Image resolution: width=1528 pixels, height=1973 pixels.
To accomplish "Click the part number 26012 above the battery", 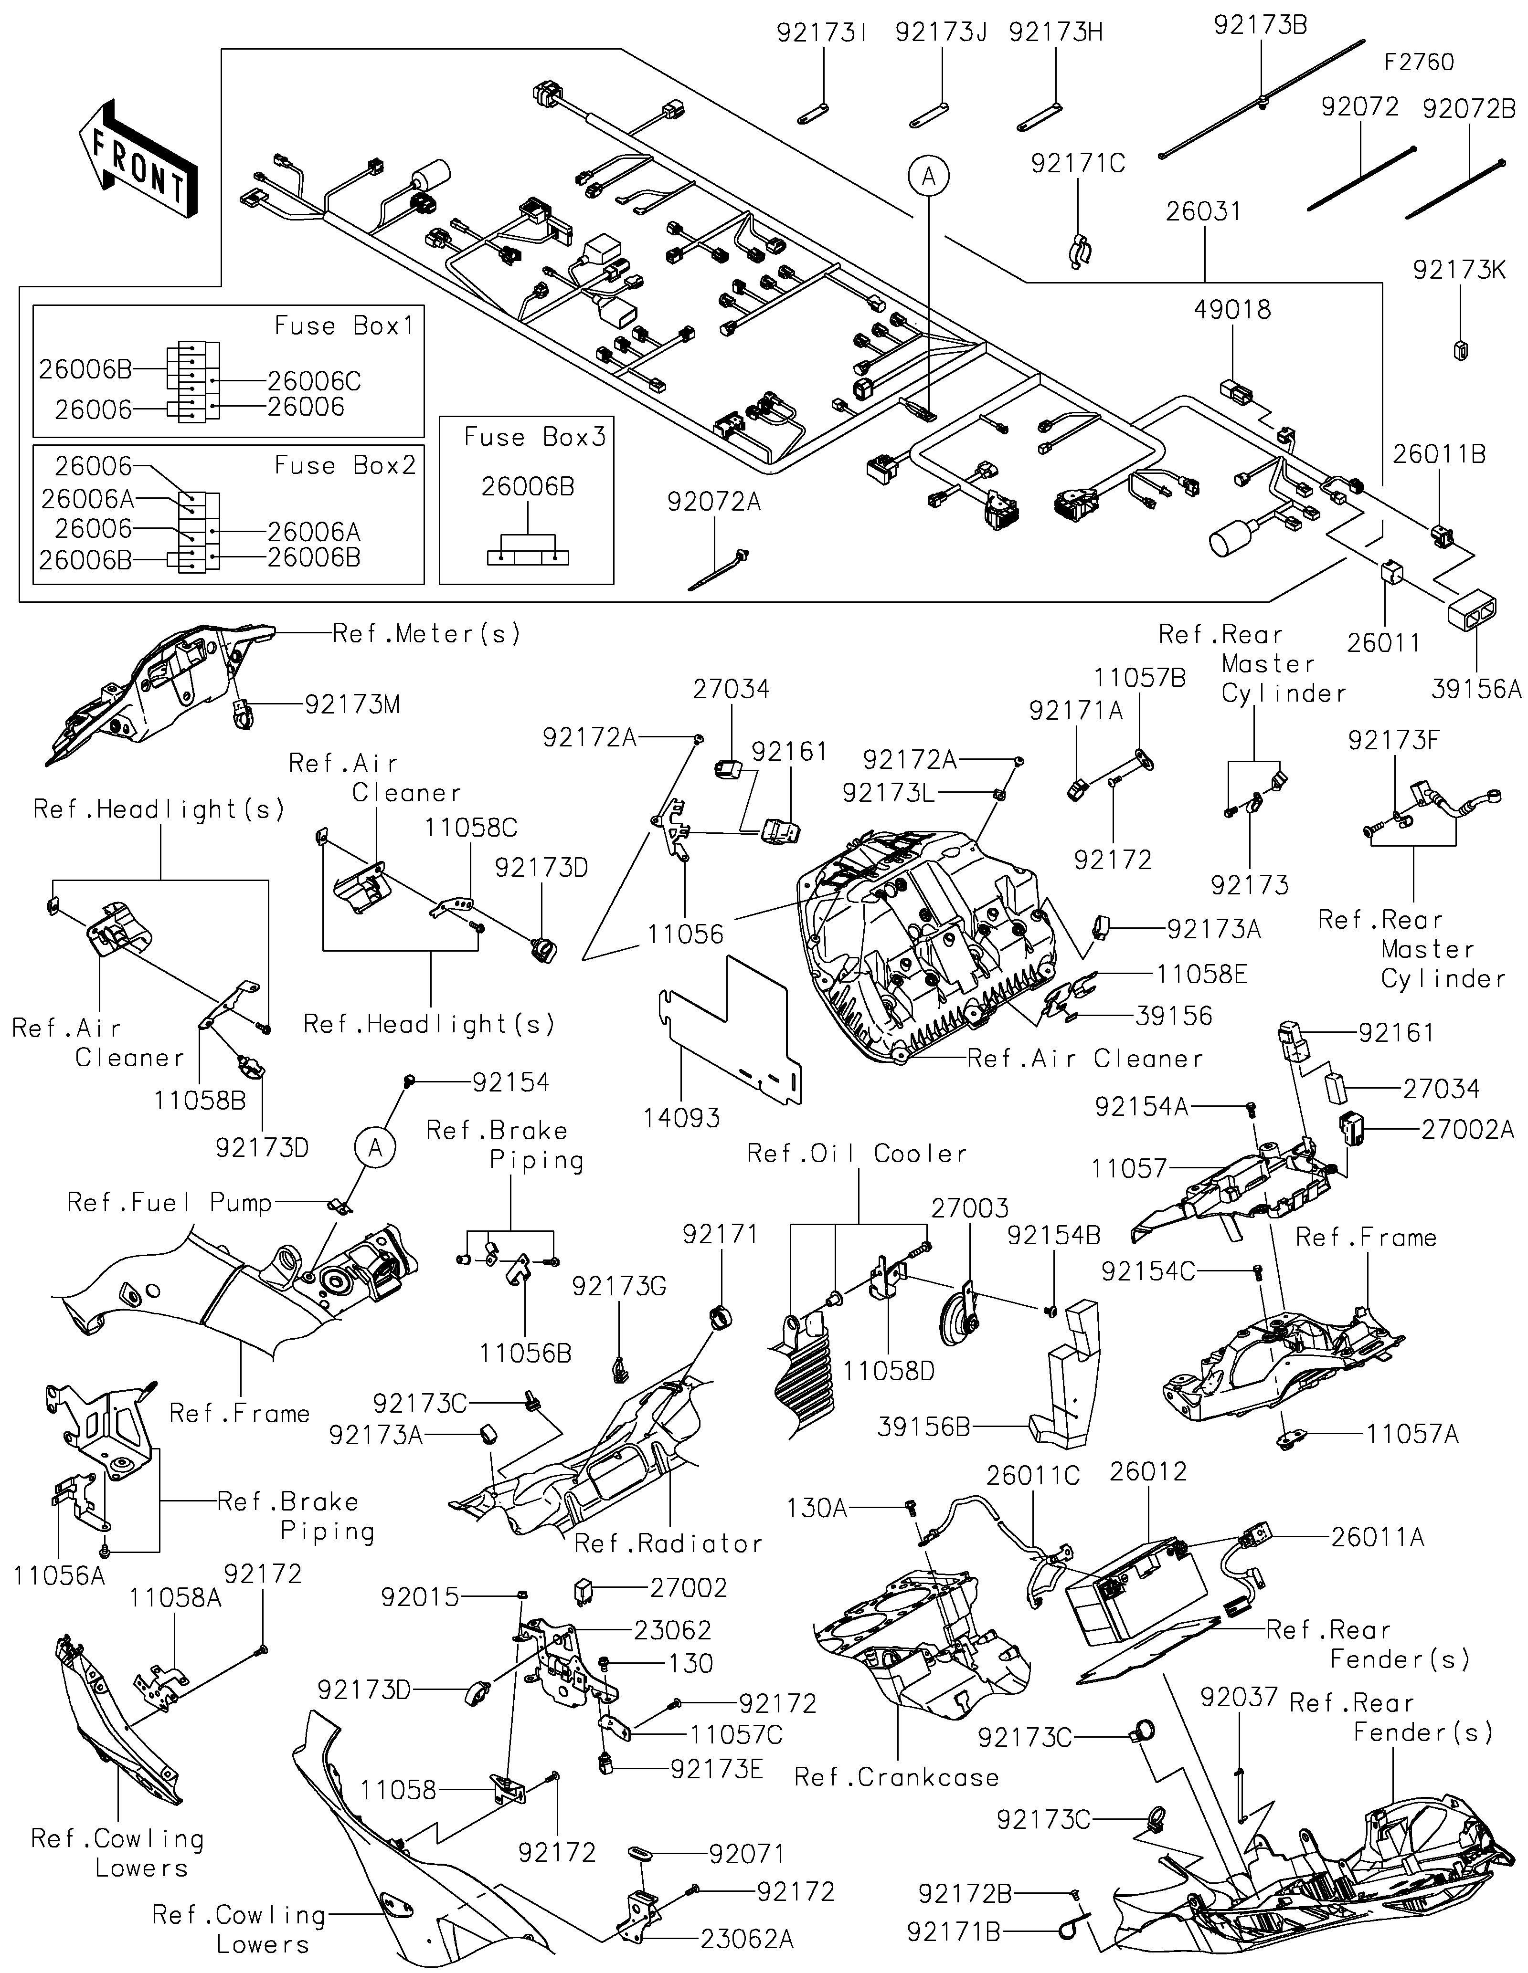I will [1147, 1471].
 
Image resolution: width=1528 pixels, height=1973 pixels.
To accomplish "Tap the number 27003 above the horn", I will [970, 1208].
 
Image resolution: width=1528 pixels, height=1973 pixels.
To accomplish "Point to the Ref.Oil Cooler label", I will [857, 1154].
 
